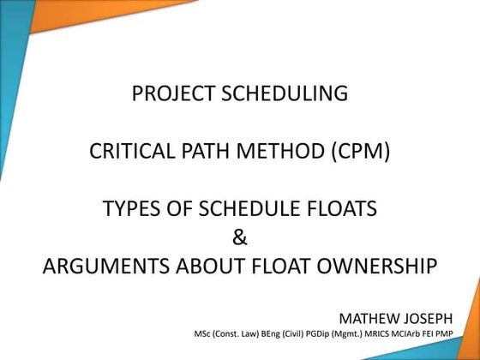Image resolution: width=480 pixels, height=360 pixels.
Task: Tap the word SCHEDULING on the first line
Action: click(x=286, y=93)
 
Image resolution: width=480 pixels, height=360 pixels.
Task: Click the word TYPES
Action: click(x=132, y=208)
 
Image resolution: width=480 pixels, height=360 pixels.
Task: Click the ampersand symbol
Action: click(x=240, y=237)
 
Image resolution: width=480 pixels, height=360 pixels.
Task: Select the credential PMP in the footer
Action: click(x=453, y=333)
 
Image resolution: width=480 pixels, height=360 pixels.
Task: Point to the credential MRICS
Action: click(x=370, y=333)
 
